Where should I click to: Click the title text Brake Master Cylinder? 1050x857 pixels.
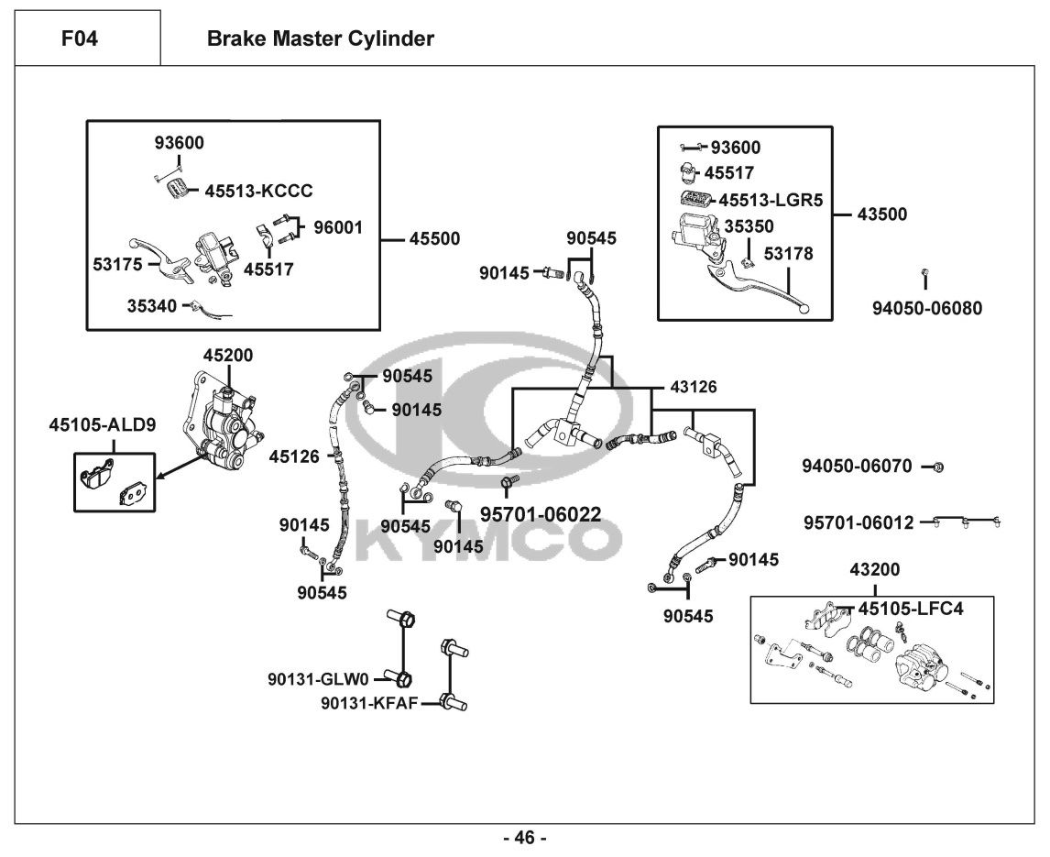pyautogui.click(x=320, y=38)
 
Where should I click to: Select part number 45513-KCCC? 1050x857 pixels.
pyautogui.click(x=258, y=191)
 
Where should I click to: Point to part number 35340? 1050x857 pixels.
pyautogui.click(x=152, y=306)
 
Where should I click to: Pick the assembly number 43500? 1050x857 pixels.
pyautogui.click(x=881, y=214)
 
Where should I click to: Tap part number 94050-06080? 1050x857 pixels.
pyautogui.click(x=926, y=308)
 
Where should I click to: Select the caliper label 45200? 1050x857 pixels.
pyautogui.click(x=228, y=355)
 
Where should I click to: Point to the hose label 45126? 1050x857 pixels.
pyautogui.click(x=294, y=455)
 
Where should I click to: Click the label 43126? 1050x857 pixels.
pyautogui.click(x=694, y=388)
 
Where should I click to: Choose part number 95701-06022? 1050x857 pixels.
pyautogui.click(x=541, y=514)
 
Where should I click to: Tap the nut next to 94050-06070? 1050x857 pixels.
pyautogui.click(x=937, y=467)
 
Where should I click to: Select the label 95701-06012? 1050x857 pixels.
pyautogui.click(x=859, y=522)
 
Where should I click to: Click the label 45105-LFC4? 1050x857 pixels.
pyautogui.click(x=911, y=607)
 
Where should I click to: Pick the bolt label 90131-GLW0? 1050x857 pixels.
pyautogui.click(x=317, y=679)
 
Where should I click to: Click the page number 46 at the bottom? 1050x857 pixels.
pyautogui.click(x=524, y=838)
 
